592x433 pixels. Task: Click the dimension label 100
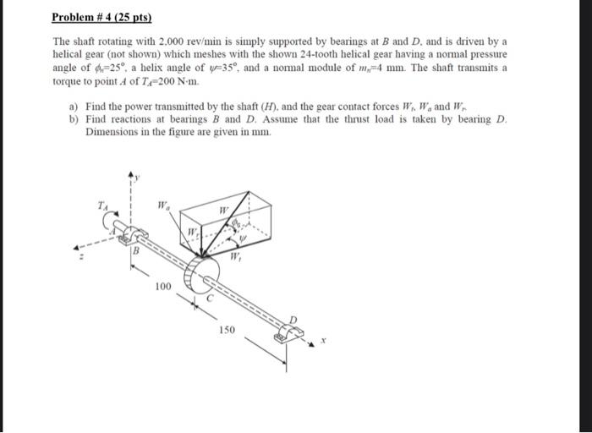tap(163, 288)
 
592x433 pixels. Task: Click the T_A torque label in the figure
tap(102, 204)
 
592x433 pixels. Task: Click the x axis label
tap(322, 343)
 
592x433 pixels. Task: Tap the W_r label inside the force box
tap(193, 231)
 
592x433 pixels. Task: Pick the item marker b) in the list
tap(73, 120)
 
